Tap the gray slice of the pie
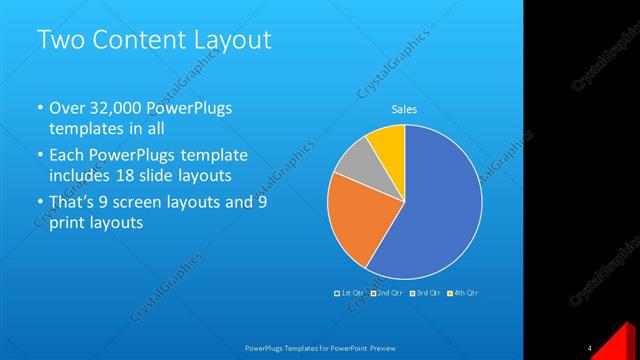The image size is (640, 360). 352,167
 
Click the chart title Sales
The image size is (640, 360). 404,109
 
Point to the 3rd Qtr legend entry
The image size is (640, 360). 427,292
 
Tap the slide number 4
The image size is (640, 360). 590,348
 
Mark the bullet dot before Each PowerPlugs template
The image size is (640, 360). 39,156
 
